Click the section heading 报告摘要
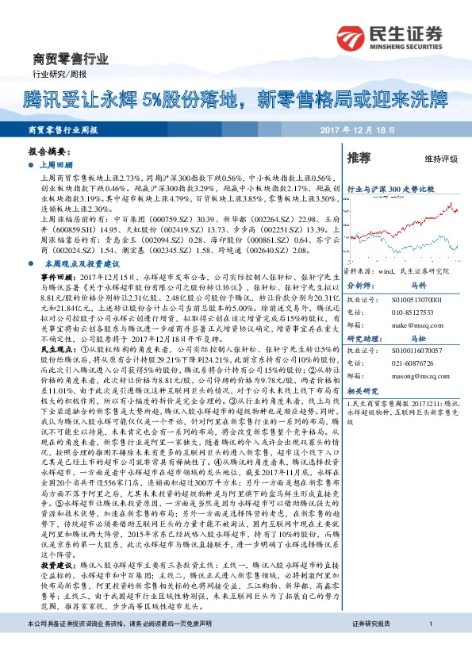click(46, 150)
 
